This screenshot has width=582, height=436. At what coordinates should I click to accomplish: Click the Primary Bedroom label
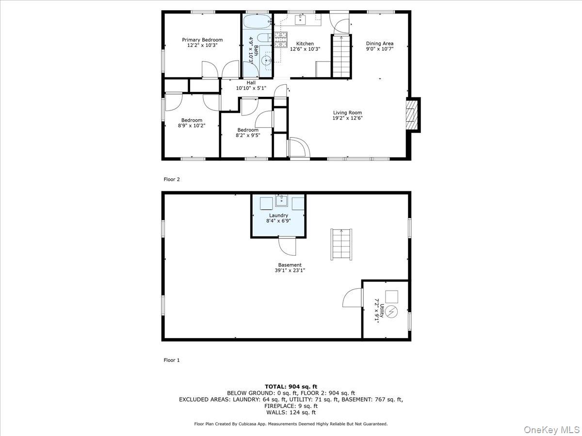coord(202,43)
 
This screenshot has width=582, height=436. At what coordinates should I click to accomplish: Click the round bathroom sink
coord(266,60)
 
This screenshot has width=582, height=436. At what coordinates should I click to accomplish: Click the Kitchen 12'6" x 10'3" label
coord(305,46)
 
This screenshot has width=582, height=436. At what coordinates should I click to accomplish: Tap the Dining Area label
coord(379,46)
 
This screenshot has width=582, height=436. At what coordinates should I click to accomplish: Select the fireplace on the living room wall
coord(412,115)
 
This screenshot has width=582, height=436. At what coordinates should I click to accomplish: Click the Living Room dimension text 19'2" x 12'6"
coord(347,118)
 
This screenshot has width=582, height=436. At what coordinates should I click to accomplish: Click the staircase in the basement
coord(341,245)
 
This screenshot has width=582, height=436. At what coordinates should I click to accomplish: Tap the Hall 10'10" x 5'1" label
coord(251,85)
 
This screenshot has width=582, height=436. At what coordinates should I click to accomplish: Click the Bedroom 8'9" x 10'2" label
coord(192,123)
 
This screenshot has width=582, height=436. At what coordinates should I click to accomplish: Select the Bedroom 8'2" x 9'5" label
coord(247,133)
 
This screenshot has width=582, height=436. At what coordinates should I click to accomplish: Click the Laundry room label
coord(278,218)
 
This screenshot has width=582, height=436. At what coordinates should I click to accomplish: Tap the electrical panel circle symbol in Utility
coord(391,312)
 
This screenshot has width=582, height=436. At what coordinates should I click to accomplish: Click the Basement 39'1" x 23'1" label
coord(290,267)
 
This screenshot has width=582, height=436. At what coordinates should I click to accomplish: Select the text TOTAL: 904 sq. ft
coord(291,386)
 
